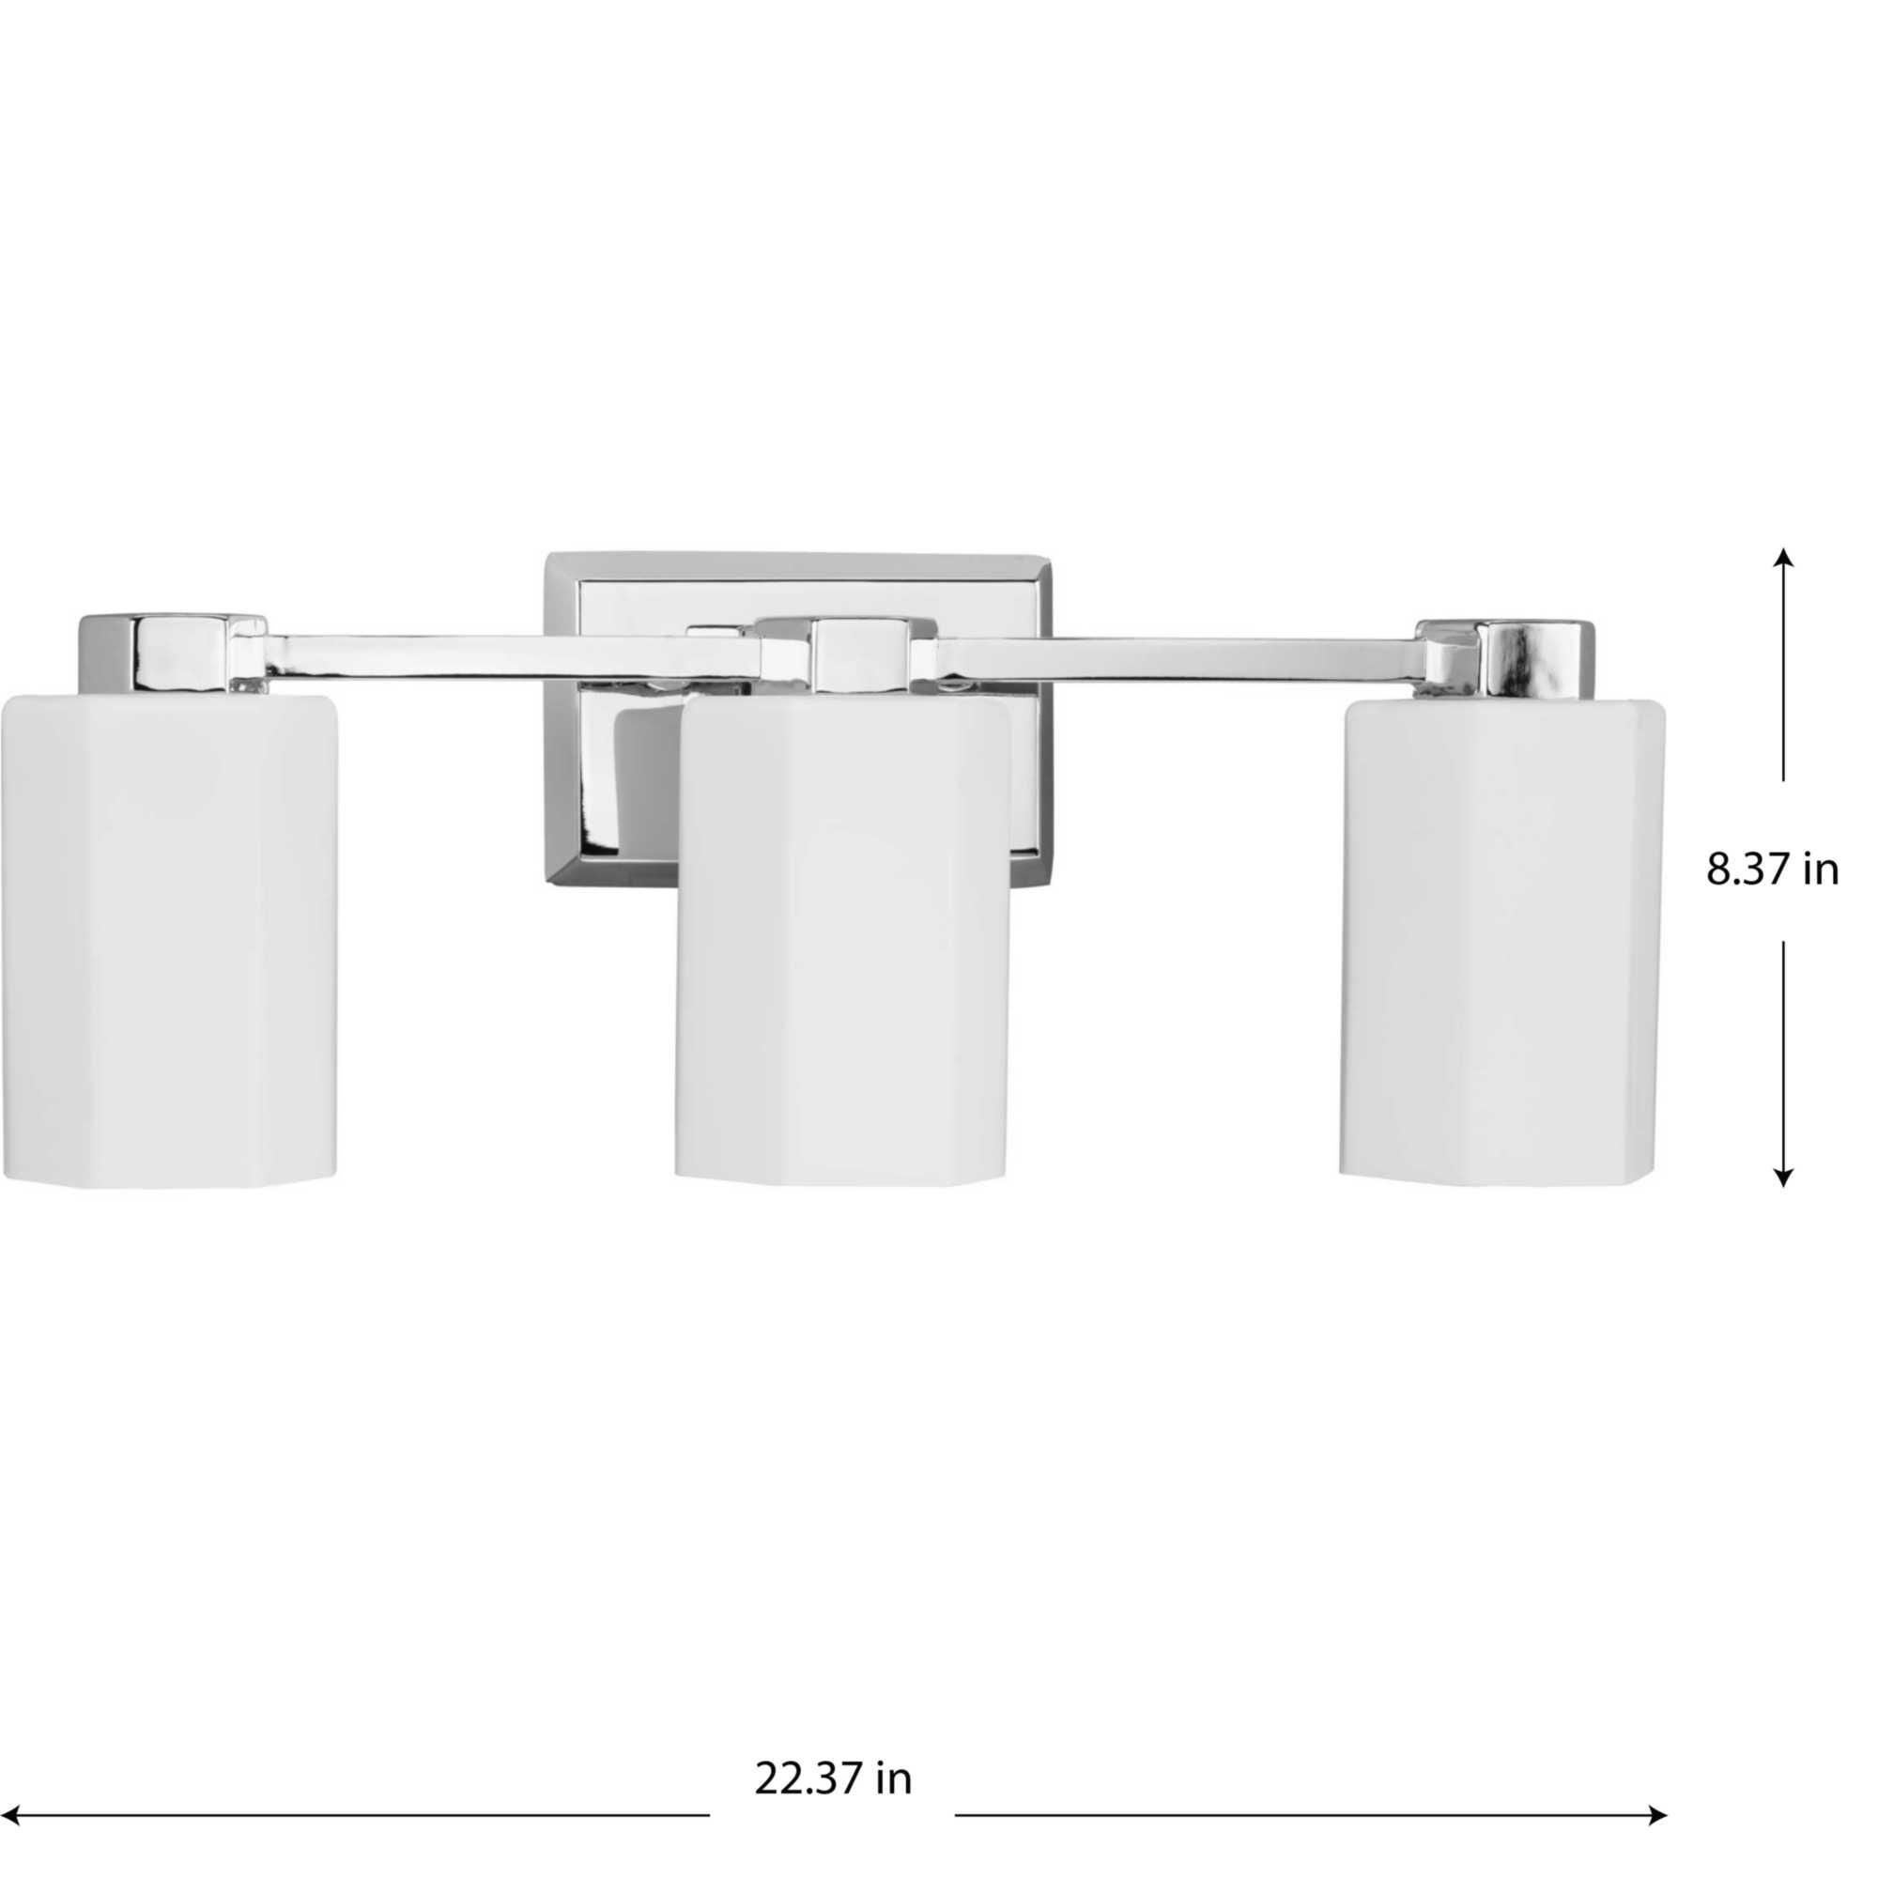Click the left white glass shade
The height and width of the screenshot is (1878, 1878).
pyautogui.click(x=167, y=938)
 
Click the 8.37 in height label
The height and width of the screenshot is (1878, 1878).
pyautogui.click(x=1772, y=871)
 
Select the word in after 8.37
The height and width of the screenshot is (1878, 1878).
pyautogui.click(x=1822, y=871)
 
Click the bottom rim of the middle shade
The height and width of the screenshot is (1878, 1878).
pyautogui.click(x=841, y=1179)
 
